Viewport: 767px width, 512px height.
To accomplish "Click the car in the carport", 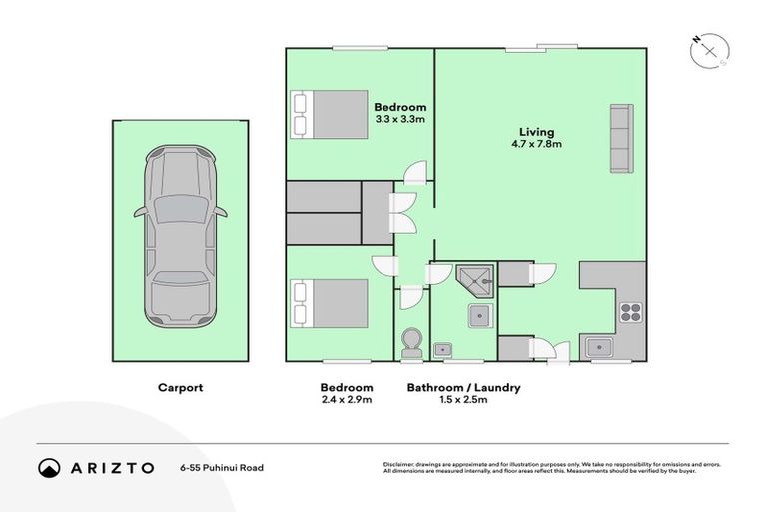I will coord(180,237).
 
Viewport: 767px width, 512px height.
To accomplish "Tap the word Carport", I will coord(180,388).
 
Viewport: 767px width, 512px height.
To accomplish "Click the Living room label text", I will coord(536,131).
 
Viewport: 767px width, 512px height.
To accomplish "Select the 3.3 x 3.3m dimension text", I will coord(399,120).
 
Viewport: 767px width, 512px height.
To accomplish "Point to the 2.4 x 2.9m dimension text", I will coord(347,401).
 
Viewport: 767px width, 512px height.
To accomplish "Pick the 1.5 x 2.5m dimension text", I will coord(463,401).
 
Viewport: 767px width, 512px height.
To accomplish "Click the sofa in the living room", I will coord(619,137).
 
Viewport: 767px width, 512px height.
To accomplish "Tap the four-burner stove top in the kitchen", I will coord(630,311).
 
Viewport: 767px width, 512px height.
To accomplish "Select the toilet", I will coord(409,344).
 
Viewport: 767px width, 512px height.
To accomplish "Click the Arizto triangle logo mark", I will coord(48,467).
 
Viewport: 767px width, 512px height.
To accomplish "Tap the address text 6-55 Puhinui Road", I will coord(222,467).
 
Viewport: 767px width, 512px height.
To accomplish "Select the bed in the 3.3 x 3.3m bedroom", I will coord(330,113).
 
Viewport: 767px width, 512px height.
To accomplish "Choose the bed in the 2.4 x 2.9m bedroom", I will coord(330,303).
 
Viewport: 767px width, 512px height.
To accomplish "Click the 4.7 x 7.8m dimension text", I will coord(536,144).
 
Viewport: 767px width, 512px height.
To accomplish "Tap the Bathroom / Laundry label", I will coord(463,388).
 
